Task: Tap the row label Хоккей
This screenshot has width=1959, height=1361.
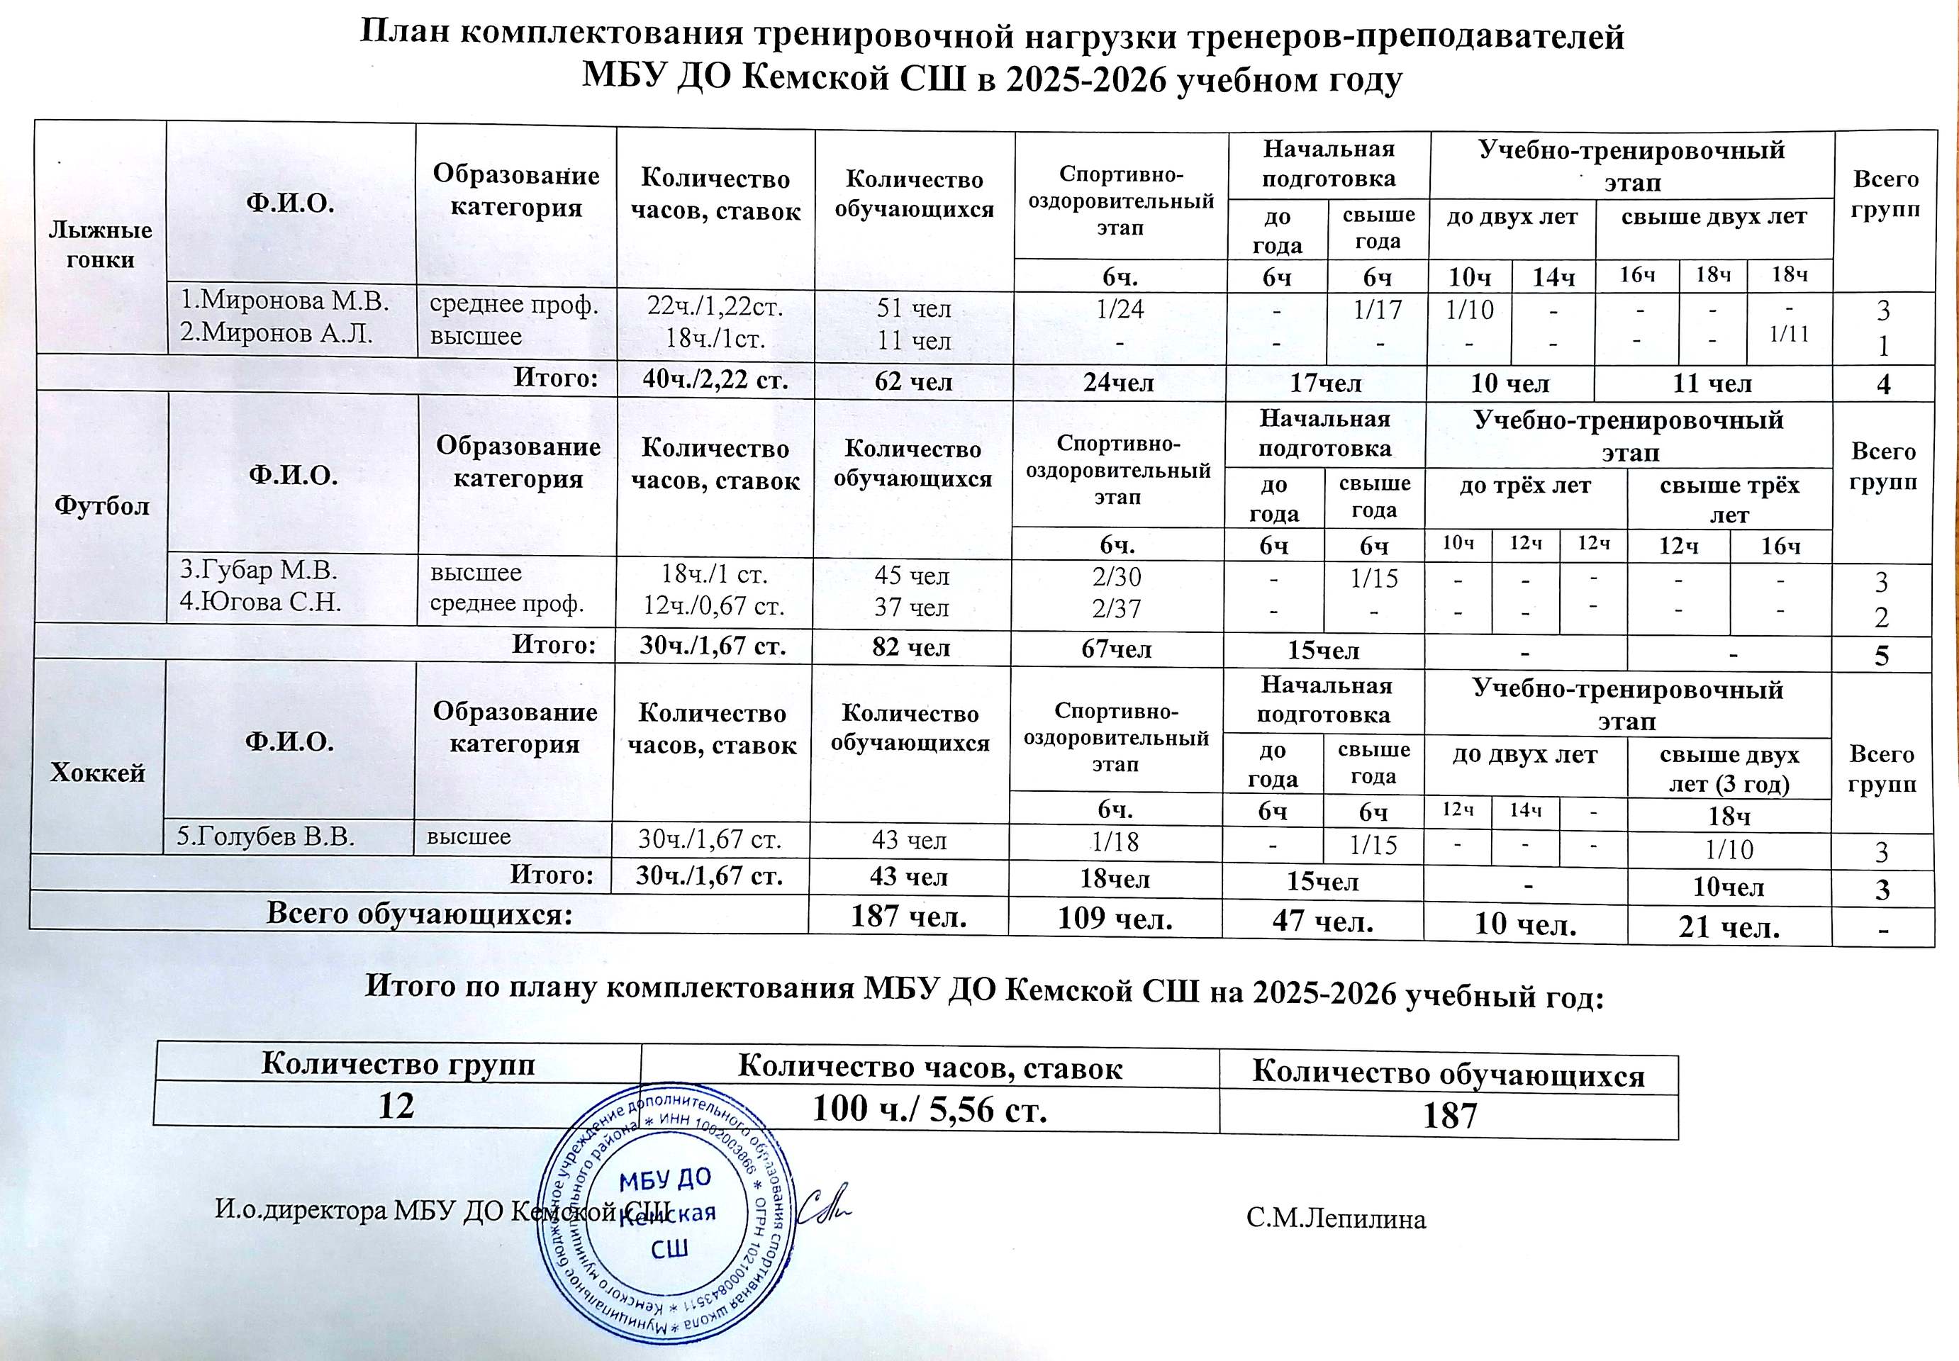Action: click(98, 773)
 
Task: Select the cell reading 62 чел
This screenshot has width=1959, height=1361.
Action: click(913, 381)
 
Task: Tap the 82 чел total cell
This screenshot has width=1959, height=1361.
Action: click(912, 647)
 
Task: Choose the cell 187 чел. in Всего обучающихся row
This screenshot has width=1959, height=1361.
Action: click(909, 917)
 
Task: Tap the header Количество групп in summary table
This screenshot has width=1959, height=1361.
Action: click(398, 1064)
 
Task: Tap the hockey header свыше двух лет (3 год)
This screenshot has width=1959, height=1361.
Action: click(1729, 769)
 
